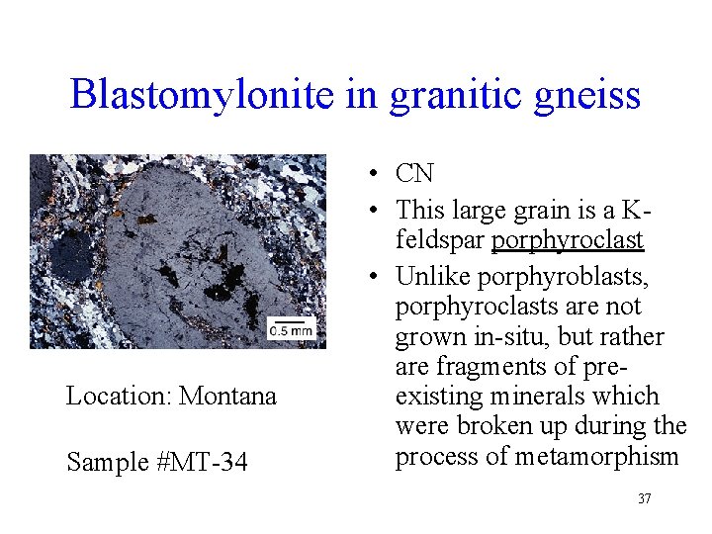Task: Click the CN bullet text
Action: pos(414,174)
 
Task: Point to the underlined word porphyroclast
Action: pos(568,240)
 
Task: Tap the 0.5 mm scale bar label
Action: pos(292,330)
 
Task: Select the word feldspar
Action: pos(440,240)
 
